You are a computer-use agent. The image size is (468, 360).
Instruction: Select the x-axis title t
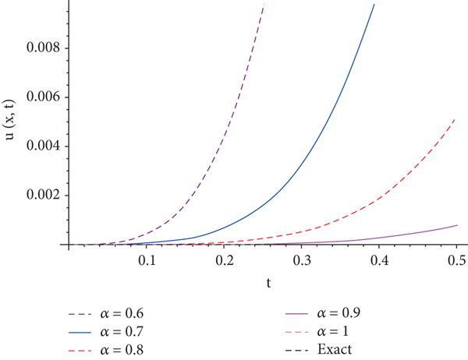pos(269,284)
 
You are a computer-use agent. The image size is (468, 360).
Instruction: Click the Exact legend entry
pos(335,348)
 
